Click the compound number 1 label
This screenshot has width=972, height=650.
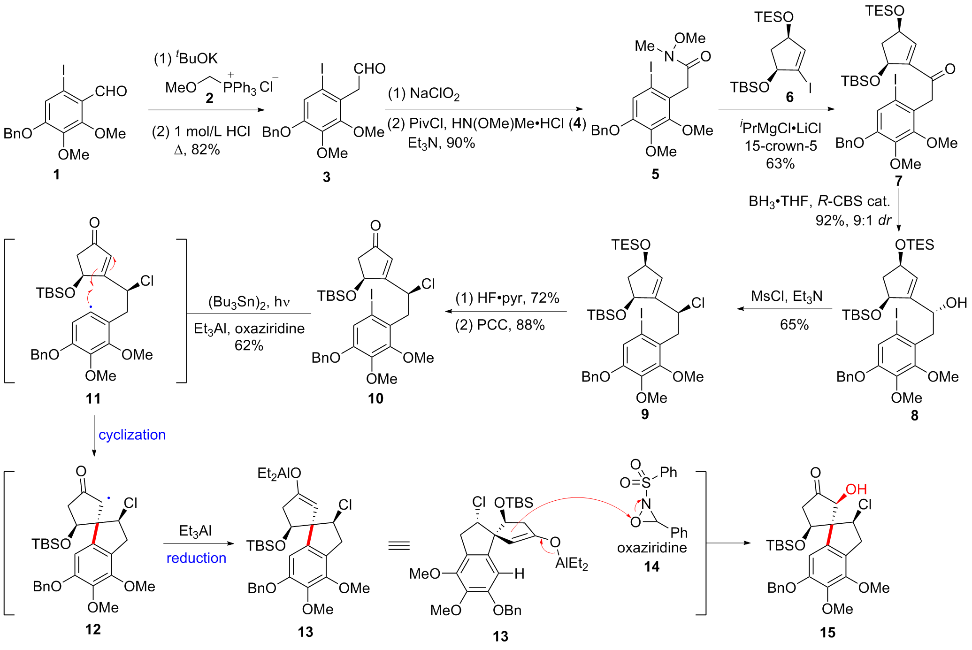[56, 175]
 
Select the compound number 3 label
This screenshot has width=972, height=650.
[326, 176]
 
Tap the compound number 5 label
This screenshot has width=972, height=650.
[655, 175]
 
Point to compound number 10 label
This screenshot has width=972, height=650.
[375, 398]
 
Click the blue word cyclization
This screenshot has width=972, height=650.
[132, 435]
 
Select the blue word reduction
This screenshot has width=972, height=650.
[196, 558]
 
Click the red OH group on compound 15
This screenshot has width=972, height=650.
[856, 489]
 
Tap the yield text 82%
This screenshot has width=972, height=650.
[206, 149]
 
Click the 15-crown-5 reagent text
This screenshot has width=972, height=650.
[781, 145]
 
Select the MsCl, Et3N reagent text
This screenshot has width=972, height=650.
[787, 296]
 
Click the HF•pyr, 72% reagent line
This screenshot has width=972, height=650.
[507, 298]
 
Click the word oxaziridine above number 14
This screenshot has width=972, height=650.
[652, 547]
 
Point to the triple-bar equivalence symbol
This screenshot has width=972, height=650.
[399, 545]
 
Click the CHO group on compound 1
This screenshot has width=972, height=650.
[111, 91]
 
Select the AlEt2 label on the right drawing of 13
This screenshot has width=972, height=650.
[571, 563]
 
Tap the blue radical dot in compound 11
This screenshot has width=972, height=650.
[91, 307]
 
